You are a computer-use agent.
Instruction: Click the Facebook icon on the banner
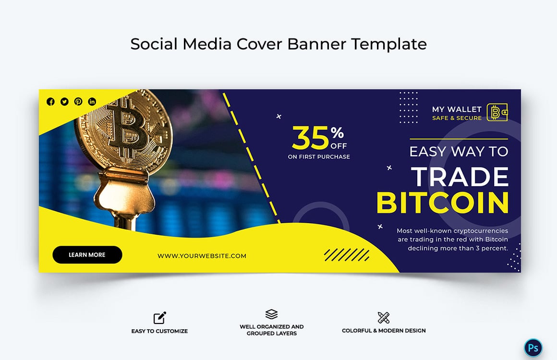coord(50,101)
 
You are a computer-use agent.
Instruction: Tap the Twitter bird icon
coord(64,101)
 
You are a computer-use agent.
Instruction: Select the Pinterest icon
coord(78,101)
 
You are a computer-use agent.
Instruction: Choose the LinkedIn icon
coord(92,101)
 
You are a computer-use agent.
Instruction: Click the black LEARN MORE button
coord(87,255)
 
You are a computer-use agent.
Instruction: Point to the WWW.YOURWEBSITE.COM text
coord(202,256)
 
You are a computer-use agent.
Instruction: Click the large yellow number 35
coord(310,138)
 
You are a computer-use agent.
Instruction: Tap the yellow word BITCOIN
coord(442,203)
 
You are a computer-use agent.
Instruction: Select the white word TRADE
coord(460,177)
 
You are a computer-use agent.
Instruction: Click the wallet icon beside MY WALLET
coord(497,112)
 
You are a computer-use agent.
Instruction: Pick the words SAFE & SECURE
coord(457,118)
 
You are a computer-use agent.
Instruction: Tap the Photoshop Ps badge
coord(533,348)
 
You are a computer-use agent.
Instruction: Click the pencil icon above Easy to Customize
coord(160,318)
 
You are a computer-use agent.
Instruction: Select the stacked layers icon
coord(271,314)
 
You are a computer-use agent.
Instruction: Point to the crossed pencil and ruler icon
coord(383,317)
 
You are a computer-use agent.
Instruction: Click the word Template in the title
coord(388,44)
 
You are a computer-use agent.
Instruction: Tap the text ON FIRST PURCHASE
coord(319,157)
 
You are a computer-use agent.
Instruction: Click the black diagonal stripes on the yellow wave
coord(346,255)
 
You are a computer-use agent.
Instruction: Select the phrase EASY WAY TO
coord(459,152)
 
